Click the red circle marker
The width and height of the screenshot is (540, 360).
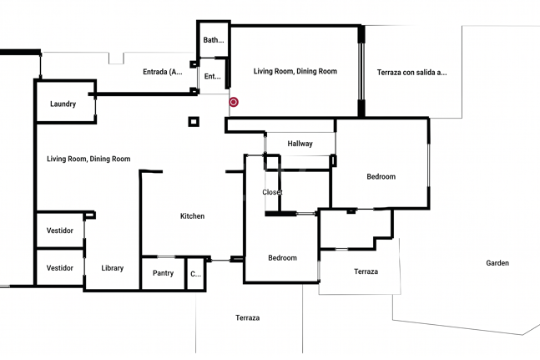(234, 102)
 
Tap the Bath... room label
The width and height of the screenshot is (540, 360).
(214, 40)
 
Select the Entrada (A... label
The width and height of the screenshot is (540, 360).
(163, 72)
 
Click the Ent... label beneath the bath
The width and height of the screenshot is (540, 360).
(213, 77)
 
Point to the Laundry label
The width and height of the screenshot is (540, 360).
(63, 104)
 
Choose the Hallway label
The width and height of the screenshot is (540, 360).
(300, 144)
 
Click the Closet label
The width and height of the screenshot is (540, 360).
(272, 192)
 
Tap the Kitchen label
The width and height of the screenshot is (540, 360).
(192, 216)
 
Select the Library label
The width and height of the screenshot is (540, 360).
(113, 268)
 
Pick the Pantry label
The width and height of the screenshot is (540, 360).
(163, 273)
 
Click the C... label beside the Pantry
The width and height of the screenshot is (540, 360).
(195, 274)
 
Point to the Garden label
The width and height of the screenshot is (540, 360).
(497, 263)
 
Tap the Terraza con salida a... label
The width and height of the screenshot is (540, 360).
(412, 73)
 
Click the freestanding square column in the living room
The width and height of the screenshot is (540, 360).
(194, 122)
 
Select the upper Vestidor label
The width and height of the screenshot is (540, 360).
(60, 231)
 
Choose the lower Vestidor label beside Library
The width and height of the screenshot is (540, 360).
(60, 268)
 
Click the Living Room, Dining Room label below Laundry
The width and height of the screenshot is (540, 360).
(88, 160)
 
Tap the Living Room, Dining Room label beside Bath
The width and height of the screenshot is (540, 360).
(295, 71)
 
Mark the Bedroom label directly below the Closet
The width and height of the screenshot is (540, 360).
(282, 258)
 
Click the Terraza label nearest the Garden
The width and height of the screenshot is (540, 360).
(366, 271)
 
